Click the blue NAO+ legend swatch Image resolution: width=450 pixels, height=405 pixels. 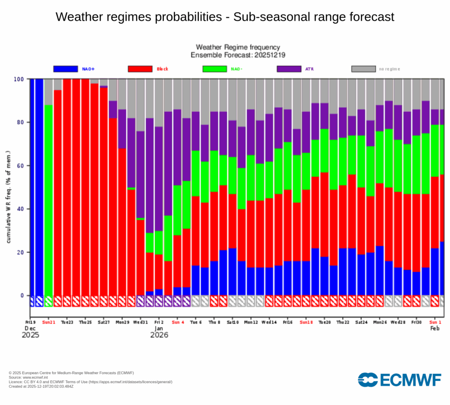pyautogui.click(x=65, y=69)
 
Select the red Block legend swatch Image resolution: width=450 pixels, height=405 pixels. pyautogui.click(x=140, y=69)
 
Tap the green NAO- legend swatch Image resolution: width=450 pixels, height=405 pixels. pyautogui.click(x=214, y=69)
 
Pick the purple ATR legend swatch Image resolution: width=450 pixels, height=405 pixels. pyautogui.click(x=289, y=69)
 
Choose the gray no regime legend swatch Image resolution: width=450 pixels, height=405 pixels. pyautogui.click(x=363, y=69)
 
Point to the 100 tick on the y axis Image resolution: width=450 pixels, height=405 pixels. pyautogui.click(x=19, y=79)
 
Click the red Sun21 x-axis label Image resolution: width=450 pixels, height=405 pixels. pyautogui.click(x=49, y=322)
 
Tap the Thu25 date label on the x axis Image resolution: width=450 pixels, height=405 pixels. pyautogui.click(x=86, y=322)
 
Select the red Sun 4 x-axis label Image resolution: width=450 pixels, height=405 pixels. pyautogui.click(x=178, y=322)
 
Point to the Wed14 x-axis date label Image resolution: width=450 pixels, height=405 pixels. pyautogui.click(x=269, y=322)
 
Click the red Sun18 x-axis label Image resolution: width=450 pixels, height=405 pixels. pyautogui.click(x=306, y=322)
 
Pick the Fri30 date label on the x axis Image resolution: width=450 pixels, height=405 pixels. pyautogui.click(x=417, y=322)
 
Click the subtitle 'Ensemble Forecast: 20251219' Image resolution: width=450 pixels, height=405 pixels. pyautogui.click(x=237, y=55)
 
